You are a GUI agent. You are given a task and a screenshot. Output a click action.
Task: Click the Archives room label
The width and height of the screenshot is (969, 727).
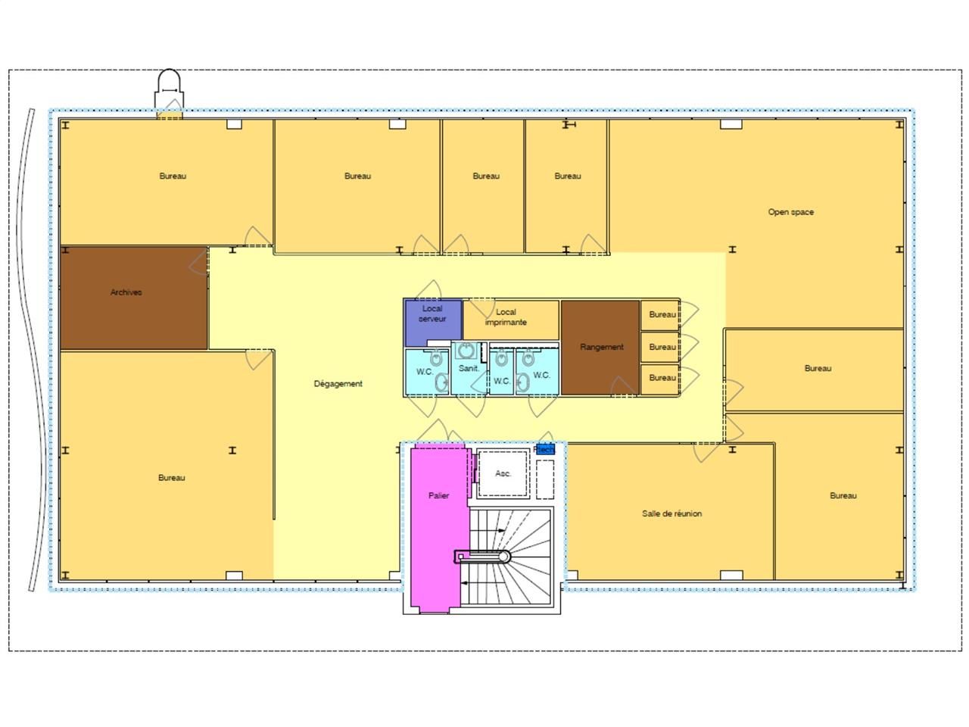tap(126, 292)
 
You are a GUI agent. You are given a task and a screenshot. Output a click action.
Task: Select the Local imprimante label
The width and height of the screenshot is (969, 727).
tap(506, 317)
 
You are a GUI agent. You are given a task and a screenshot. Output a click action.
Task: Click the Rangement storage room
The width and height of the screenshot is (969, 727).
tap(601, 347)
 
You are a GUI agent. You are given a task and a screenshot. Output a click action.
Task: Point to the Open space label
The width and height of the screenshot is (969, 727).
tap(790, 212)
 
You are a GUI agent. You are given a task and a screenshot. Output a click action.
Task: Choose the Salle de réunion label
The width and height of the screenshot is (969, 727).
tap(671, 513)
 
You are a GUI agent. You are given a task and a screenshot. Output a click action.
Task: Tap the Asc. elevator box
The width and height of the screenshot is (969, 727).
tap(503, 474)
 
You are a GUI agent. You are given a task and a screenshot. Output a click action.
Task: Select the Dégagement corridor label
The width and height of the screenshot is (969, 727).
tap(338, 384)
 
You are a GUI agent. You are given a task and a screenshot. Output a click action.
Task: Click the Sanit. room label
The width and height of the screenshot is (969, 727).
tap(469, 369)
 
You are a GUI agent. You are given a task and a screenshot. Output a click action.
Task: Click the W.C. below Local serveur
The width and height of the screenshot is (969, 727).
tap(425, 372)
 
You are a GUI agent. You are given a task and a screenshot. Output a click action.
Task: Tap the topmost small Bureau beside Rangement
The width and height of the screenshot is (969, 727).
tap(661, 314)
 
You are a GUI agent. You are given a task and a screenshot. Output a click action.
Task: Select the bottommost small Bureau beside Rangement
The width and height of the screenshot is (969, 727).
tap(661, 378)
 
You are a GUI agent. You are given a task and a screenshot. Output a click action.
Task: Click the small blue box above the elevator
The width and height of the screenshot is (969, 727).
tap(544, 449)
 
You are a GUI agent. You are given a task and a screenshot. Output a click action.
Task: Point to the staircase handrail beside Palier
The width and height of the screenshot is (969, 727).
tap(482, 557)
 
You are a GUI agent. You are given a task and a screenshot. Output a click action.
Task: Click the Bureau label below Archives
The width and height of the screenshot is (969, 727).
tap(171, 478)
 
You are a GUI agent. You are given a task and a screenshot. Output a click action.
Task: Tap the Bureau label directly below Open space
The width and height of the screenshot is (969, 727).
tap(818, 369)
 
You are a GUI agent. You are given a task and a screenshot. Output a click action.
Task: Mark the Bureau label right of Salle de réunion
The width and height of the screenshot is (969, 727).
tap(843, 496)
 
